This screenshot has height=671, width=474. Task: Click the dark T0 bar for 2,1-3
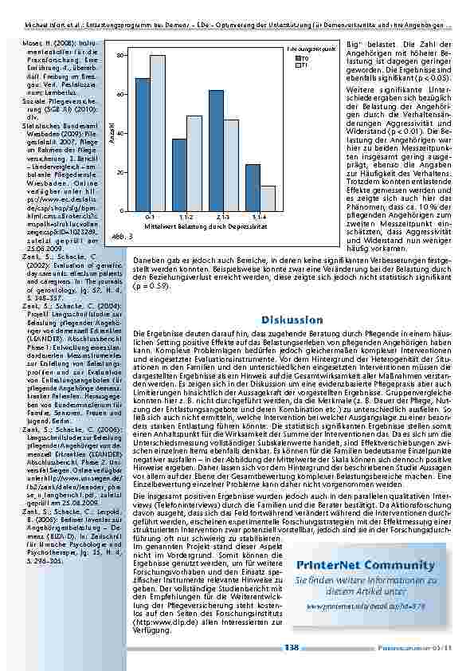(x=216, y=151)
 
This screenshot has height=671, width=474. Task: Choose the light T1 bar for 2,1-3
(x=230, y=165)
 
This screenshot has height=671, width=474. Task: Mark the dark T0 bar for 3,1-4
(x=253, y=187)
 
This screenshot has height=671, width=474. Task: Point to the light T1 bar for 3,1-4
(x=267, y=198)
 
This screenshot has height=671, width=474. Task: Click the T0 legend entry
(x=304, y=59)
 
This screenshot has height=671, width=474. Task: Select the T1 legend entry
(x=304, y=65)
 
